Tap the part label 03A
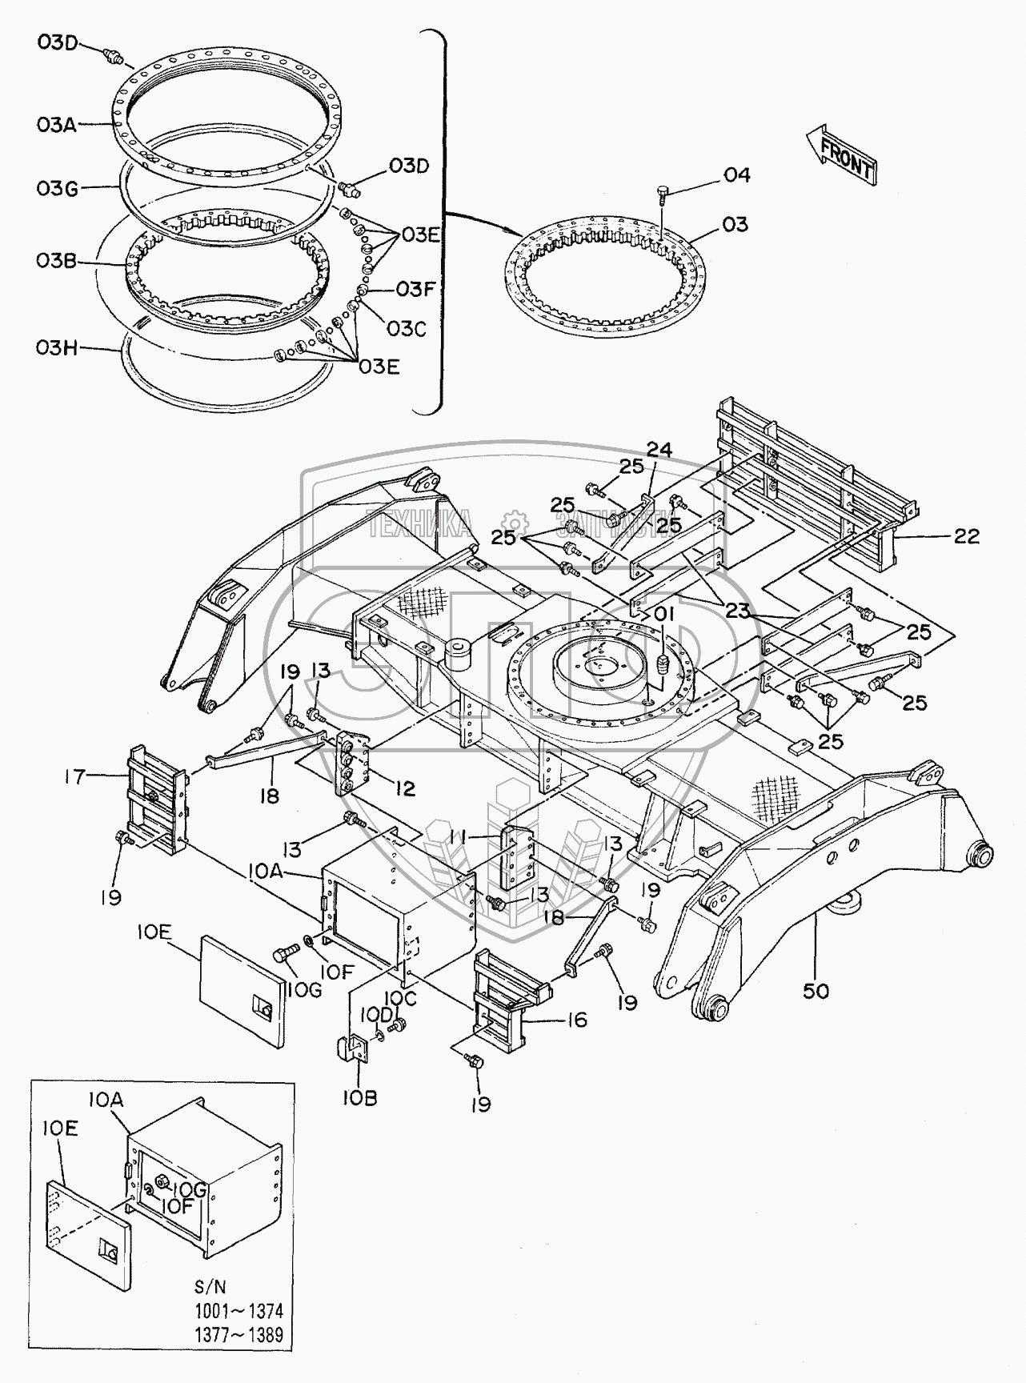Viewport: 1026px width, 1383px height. coord(56,125)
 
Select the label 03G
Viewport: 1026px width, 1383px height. coord(56,188)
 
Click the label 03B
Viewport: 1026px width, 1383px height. coord(56,262)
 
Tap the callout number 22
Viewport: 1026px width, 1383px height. coord(966,536)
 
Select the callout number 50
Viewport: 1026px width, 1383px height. coord(816,991)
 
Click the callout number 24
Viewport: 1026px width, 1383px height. coord(659,450)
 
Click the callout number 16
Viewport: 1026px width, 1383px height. coord(575,1020)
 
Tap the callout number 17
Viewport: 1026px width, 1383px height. coord(75,776)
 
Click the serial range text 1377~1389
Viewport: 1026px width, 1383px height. coord(238,1336)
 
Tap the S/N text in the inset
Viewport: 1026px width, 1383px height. coord(210,1287)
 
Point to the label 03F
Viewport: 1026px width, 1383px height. coord(415,289)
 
